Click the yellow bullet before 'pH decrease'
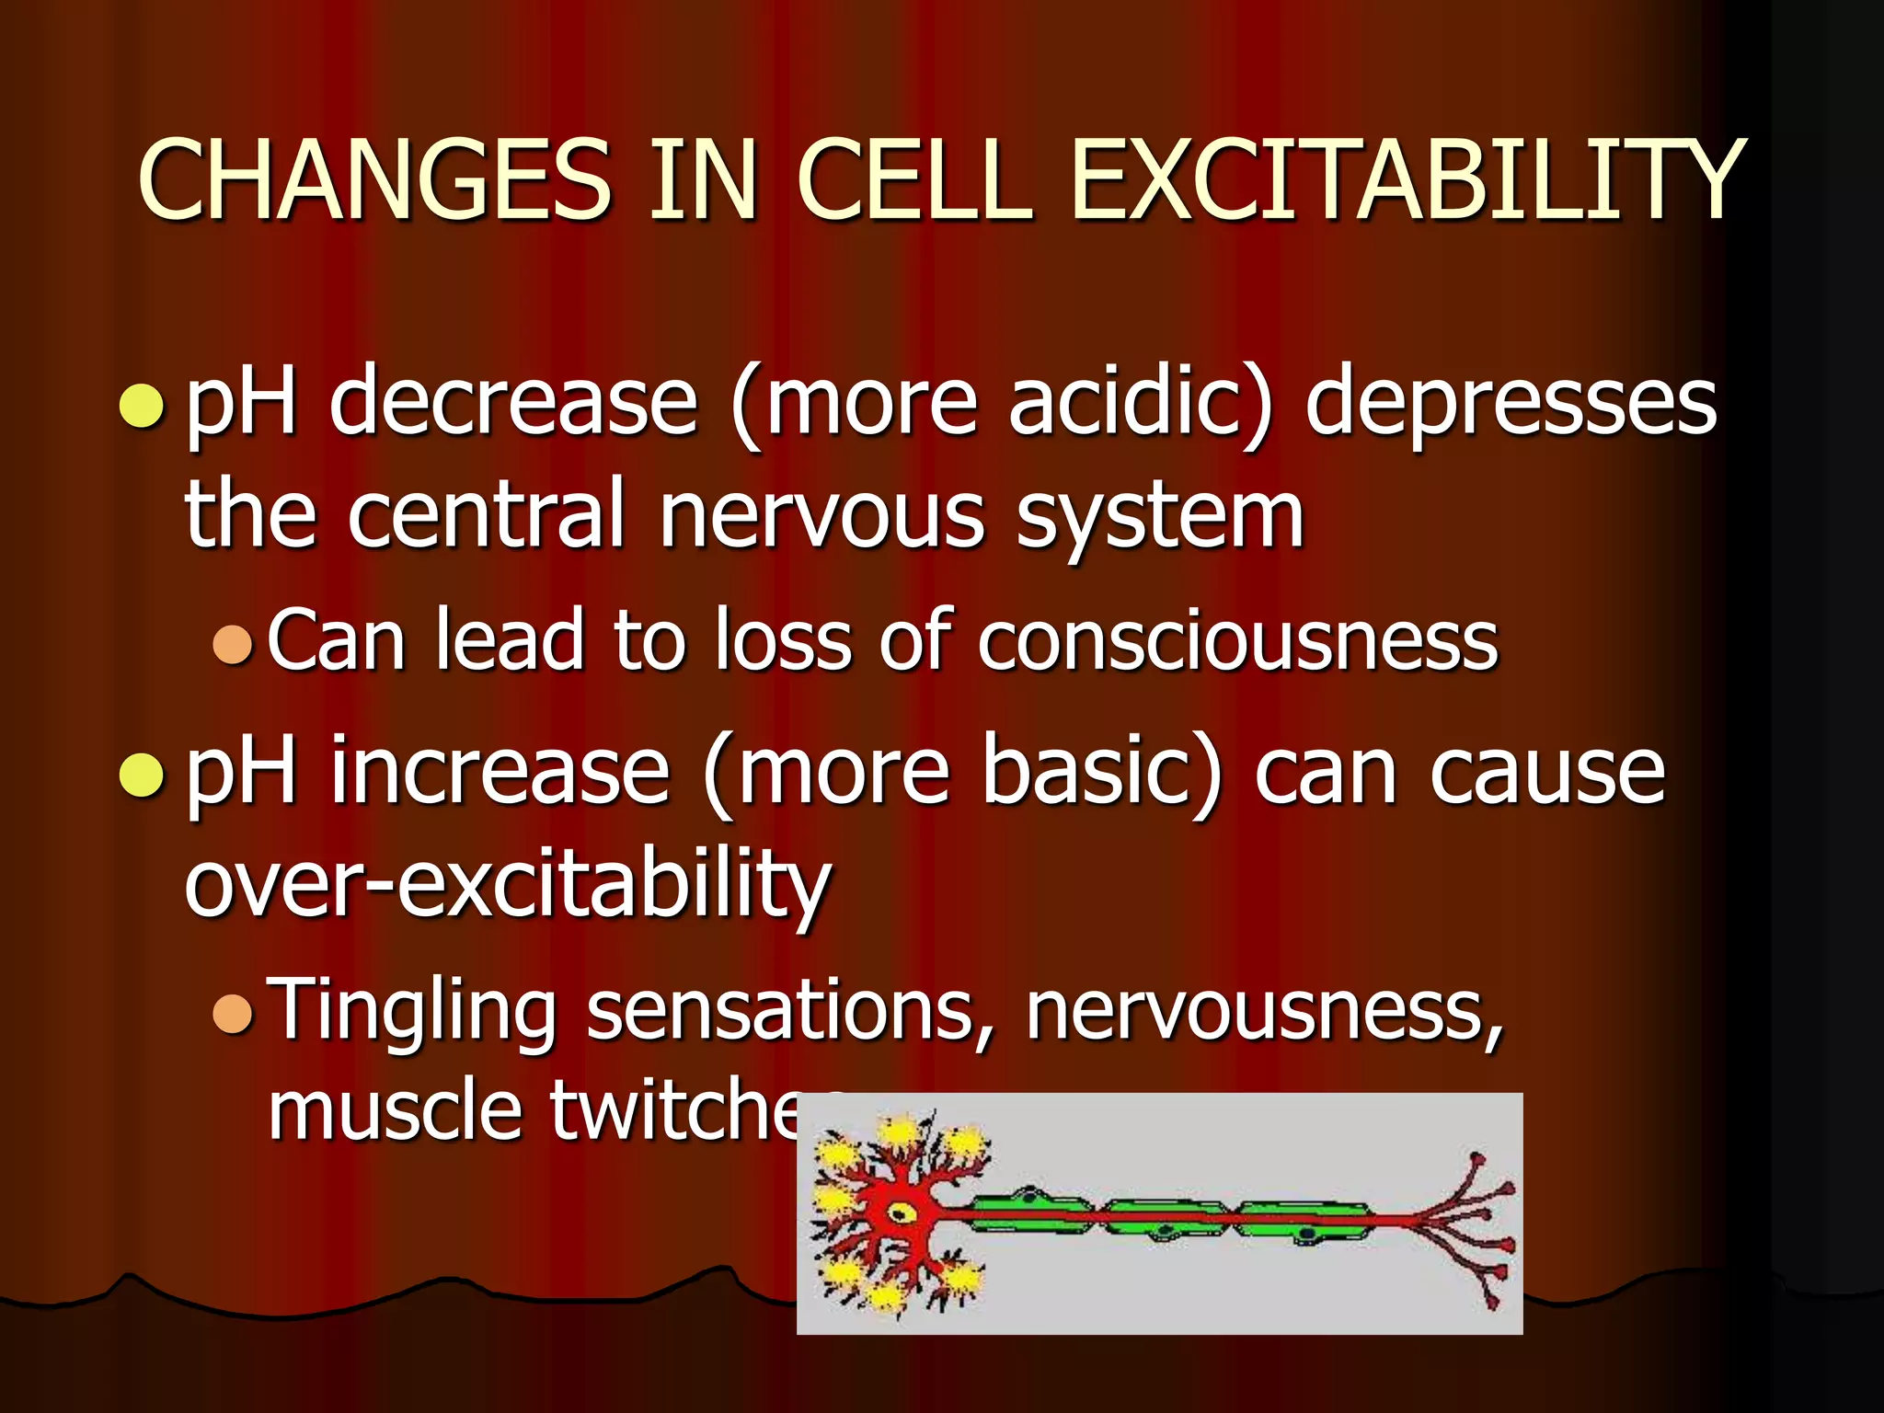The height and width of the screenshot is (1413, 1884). pyautogui.click(x=143, y=406)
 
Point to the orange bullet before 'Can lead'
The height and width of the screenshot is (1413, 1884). pyautogui.click(x=232, y=644)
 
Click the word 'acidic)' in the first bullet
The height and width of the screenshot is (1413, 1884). pyautogui.click(x=1141, y=403)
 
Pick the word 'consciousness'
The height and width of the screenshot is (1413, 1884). pyautogui.click(x=1237, y=641)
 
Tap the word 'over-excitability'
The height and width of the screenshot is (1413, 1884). pyautogui.click(x=508, y=885)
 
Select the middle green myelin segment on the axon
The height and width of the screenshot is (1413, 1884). pyautogui.click(x=1164, y=1220)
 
